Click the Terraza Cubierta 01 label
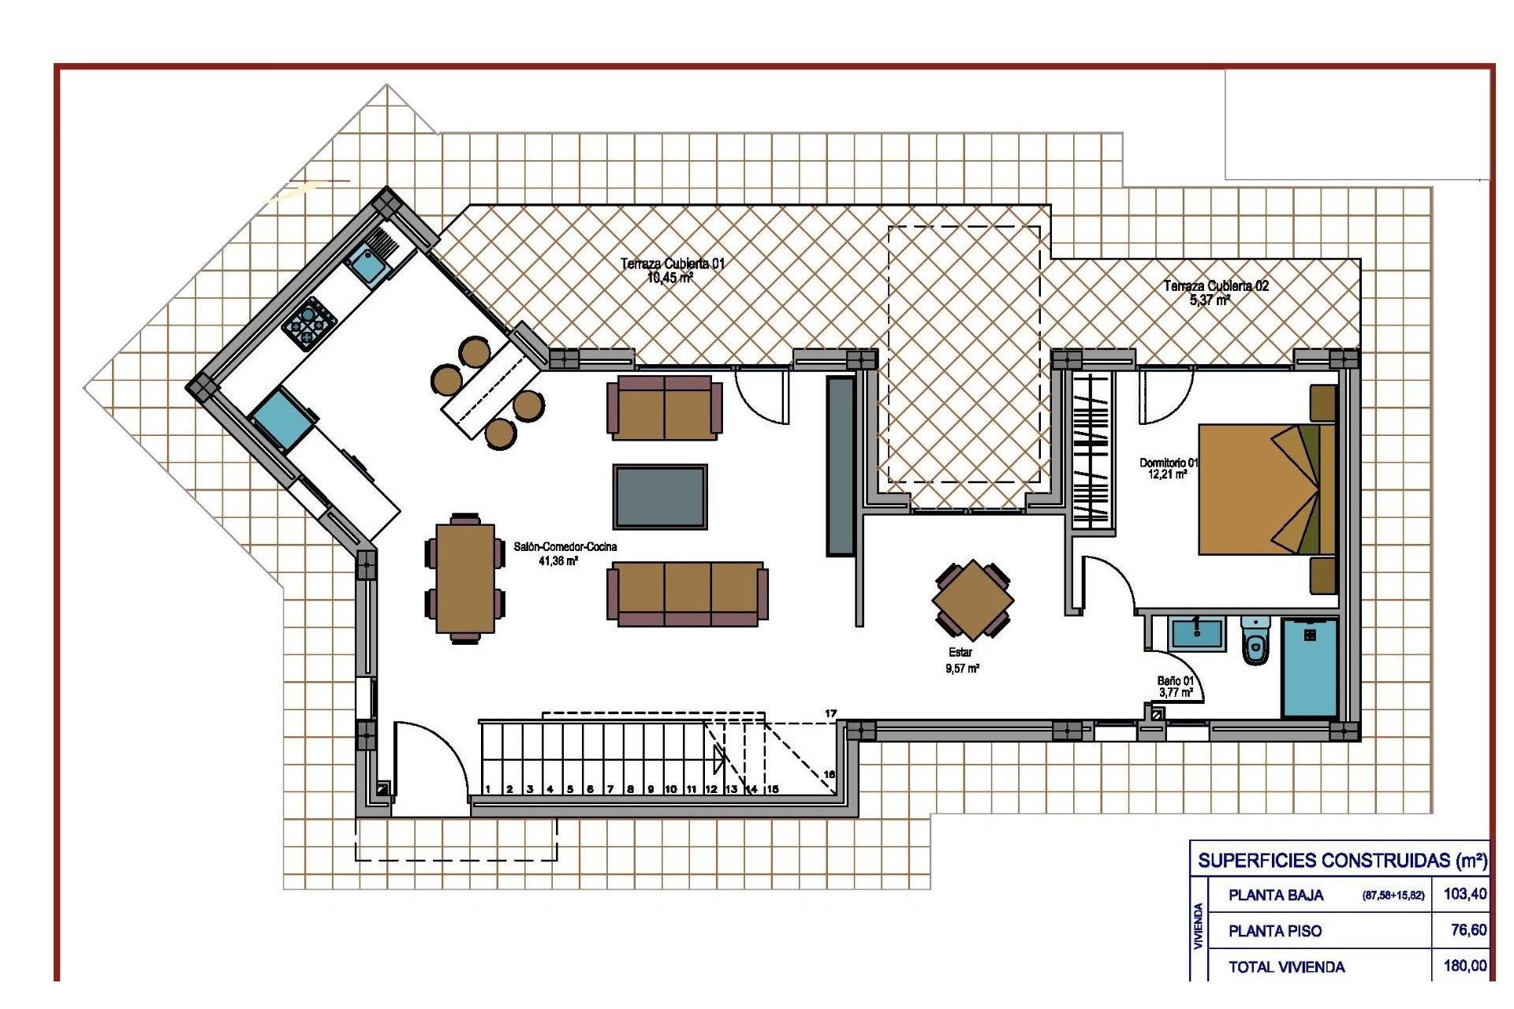[671, 270]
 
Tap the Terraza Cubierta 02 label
[1215, 292]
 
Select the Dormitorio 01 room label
[1168, 469]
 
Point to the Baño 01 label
[1175, 687]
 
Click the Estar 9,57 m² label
[961, 661]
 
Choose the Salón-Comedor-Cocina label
[565, 553]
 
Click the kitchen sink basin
[367, 264]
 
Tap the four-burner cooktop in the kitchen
[309, 322]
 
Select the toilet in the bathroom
[1255, 641]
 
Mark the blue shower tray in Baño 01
[1309, 667]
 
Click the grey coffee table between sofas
[660, 497]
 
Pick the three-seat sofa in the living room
[687, 594]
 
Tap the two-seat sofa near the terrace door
[664, 408]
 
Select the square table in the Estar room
[972, 600]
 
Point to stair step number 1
[488, 788]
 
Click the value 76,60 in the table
[1467, 930]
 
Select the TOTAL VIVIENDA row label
[1286, 967]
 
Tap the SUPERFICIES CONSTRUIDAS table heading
[1341, 860]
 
